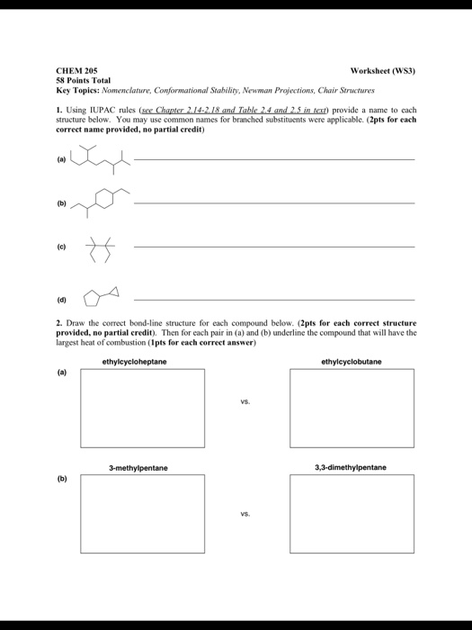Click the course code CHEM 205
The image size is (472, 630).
pyautogui.click(x=76, y=70)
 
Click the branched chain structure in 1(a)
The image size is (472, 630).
pyautogui.click(x=98, y=160)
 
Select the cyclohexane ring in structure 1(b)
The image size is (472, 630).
pyautogui.click(x=104, y=200)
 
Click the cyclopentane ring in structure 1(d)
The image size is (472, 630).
pyautogui.click(x=92, y=299)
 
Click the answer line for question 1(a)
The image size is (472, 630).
pyautogui.click(x=274, y=158)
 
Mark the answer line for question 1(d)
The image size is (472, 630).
pyautogui.click(x=274, y=299)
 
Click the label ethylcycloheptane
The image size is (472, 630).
pyautogui.click(x=134, y=362)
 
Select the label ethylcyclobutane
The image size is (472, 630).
pyautogui.click(x=351, y=362)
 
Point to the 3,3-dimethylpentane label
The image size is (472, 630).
pyautogui.click(x=350, y=468)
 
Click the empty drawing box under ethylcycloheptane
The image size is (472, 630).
pyautogui.click(x=135, y=407)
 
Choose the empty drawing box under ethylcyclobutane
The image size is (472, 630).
pyautogui.click(x=352, y=407)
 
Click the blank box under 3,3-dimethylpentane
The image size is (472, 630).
pyautogui.click(x=352, y=514)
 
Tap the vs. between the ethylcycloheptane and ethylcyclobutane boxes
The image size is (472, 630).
pyautogui.click(x=244, y=404)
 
